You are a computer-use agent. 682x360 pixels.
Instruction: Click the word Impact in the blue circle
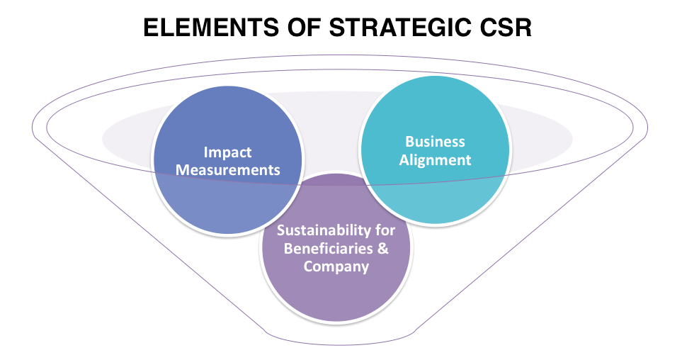227,153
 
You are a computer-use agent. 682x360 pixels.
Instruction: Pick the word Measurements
227,170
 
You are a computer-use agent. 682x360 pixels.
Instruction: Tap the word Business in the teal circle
435,142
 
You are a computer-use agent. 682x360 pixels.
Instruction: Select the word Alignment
435,159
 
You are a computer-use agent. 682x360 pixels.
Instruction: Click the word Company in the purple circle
336,266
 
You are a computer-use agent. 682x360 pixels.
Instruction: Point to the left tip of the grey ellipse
103,138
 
